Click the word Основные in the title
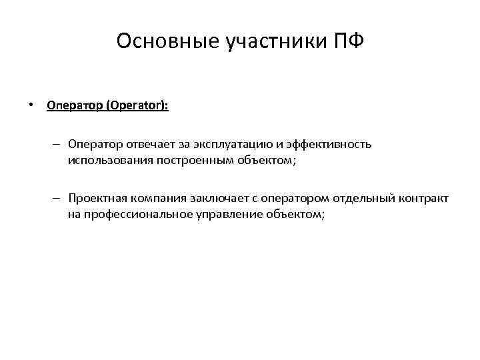(x=157, y=41)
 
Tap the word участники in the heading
(x=265, y=41)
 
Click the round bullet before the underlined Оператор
(x=31, y=106)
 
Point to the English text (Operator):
(x=135, y=106)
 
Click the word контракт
(x=423, y=198)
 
